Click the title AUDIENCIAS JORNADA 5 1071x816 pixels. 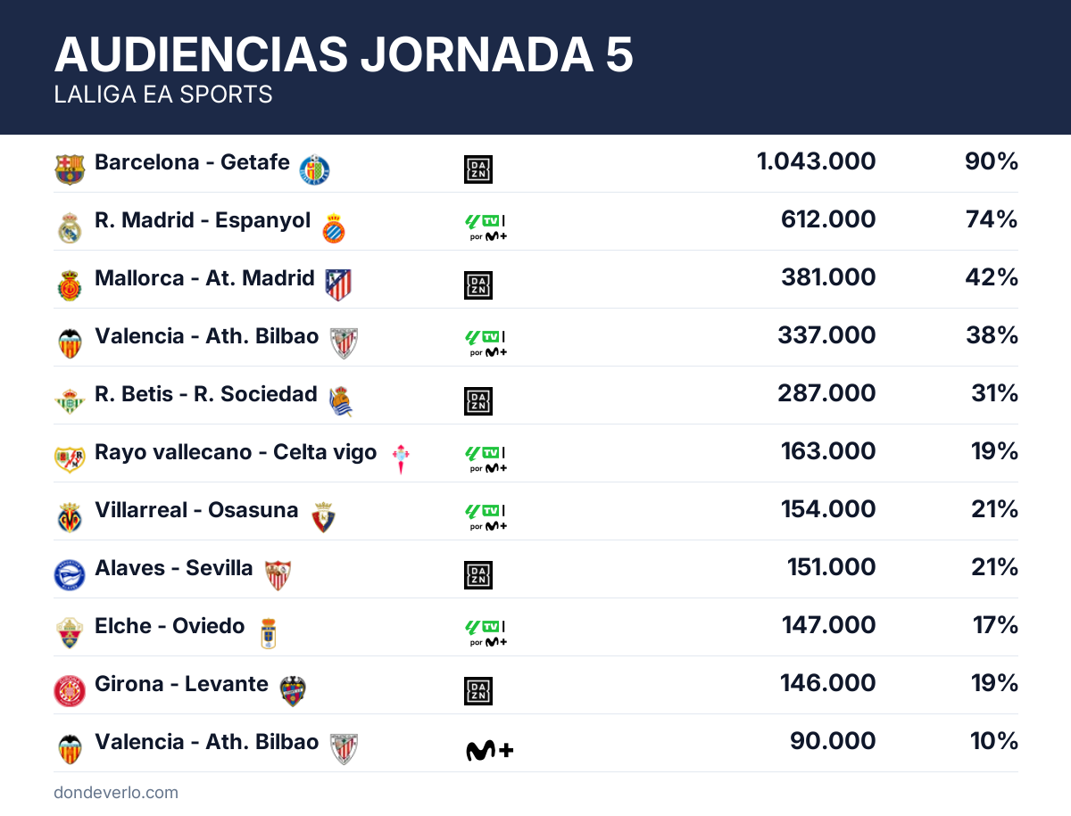coord(344,55)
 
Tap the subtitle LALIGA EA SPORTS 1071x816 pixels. coord(163,95)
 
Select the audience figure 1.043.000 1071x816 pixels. coord(816,161)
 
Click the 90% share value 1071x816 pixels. coord(991,161)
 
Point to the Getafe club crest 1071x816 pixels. coord(314,169)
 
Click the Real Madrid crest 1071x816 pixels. coord(70,227)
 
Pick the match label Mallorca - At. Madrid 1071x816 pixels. coord(204,277)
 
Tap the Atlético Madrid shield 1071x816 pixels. coord(338,284)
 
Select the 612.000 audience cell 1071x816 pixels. coord(827,219)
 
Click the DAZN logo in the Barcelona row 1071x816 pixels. coord(478,169)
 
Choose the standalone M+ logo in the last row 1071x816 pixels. coord(489,751)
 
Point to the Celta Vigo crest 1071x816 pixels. coord(402,458)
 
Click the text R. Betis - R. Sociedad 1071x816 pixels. coord(205,393)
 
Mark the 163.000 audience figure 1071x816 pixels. coord(827,451)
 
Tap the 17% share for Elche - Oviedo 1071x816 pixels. coord(995,625)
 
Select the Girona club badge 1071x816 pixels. coord(70,691)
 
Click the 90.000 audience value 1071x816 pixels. coord(833,741)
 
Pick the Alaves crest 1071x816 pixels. coord(70,575)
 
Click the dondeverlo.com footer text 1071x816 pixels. coord(116,793)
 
